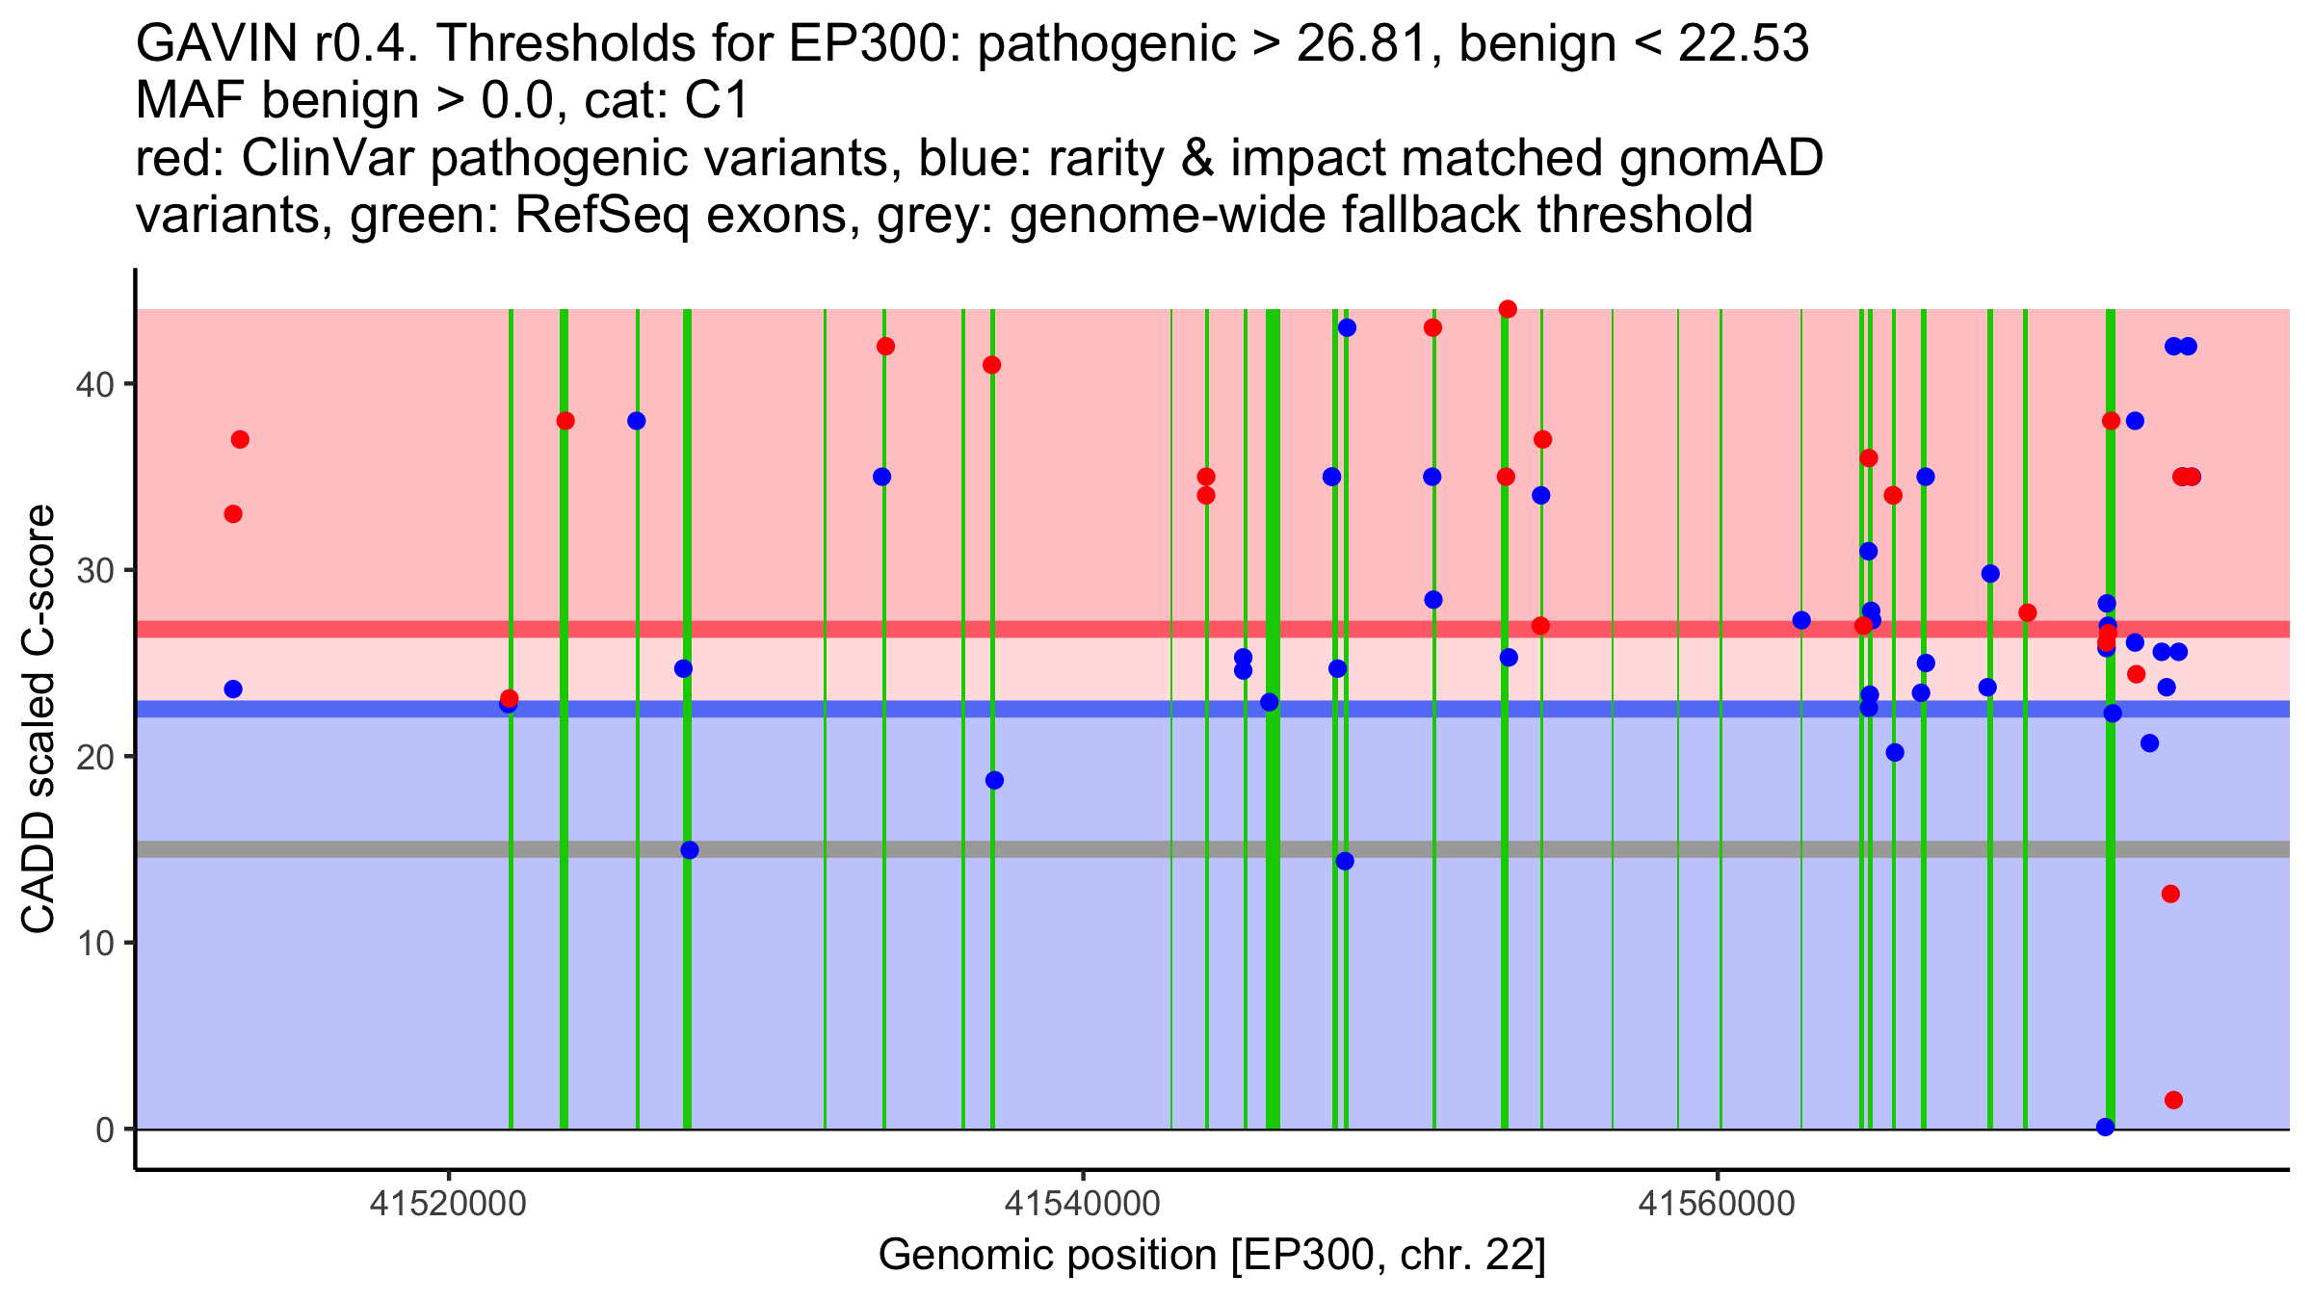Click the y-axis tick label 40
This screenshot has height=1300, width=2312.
pyautogui.click(x=93, y=384)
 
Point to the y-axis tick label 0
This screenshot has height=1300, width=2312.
pyautogui.click(x=104, y=1130)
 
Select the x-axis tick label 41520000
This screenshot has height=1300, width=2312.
pyautogui.click(x=448, y=1204)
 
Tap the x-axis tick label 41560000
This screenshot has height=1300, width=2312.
pyautogui.click(x=1718, y=1204)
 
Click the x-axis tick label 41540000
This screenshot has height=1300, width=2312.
pyautogui.click(x=1083, y=1204)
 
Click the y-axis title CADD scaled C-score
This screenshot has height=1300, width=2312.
pyautogui.click(x=39, y=720)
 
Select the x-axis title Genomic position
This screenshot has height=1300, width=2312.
pyautogui.click(x=1212, y=1256)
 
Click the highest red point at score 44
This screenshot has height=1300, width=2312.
pyautogui.click(x=1508, y=309)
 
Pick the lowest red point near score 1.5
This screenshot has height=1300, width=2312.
pyautogui.click(x=2173, y=1100)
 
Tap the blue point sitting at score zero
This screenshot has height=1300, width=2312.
pyautogui.click(x=2106, y=1127)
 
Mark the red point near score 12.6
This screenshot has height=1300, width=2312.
pyautogui.click(x=2170, y=894)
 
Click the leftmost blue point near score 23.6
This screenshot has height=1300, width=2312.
pyautogui.click(x=233, y=689)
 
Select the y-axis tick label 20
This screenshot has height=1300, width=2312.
pyautogui.click(x=93, y=757)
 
